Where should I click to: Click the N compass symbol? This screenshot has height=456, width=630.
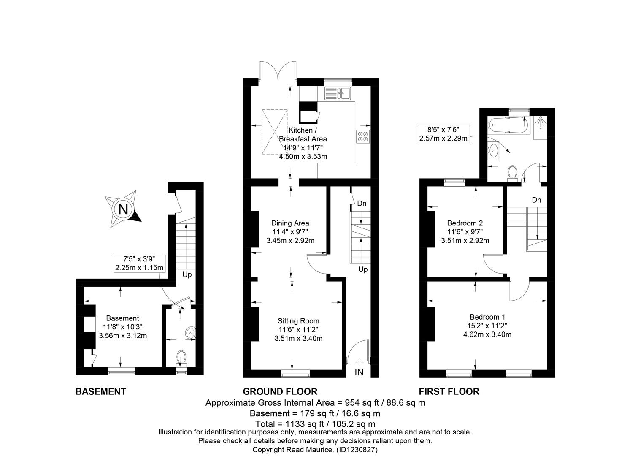point(123,209)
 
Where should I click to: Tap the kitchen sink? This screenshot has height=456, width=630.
point(338,93)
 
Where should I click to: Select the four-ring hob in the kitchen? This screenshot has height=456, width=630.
point(363,136)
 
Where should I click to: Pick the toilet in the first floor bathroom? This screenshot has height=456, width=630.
point(513,173)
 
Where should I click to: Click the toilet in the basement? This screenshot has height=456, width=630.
point(181,359)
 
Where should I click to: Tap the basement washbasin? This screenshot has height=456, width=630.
point(191,333)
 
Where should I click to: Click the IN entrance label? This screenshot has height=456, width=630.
point(359,372)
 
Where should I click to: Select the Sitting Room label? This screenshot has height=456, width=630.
point(298,321)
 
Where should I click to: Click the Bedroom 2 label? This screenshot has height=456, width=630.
point(465,223)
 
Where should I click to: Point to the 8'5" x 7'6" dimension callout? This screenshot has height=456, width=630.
point(443,134)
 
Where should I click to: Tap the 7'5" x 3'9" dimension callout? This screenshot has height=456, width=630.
point(139,263)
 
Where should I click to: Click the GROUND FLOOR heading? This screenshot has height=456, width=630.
point(280,391)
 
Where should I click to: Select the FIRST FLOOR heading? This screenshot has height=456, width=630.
point(449,391)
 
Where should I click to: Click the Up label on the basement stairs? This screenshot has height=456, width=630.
point(187,274)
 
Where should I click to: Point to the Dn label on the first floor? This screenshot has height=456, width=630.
point(536,200)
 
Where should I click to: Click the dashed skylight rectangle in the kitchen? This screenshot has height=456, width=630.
point(275,132)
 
